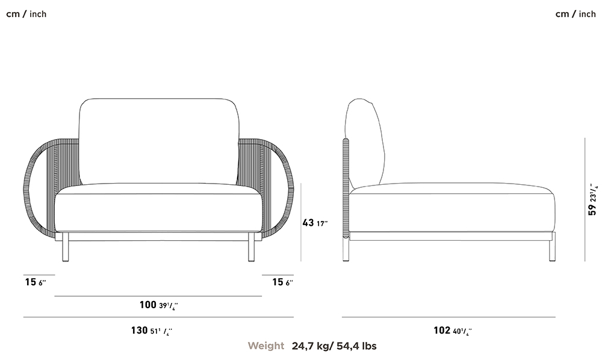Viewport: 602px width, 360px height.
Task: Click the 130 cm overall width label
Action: click(x=152, y=331)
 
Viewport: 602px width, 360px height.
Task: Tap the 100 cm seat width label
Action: click(x=158, y=305)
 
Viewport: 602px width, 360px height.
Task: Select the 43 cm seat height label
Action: click(x=315, y=223)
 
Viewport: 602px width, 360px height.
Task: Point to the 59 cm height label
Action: click(x=593, y=200)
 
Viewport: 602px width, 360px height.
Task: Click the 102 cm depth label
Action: click(x=453, y=331)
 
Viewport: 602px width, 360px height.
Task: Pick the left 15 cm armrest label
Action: click(x=36, y=282)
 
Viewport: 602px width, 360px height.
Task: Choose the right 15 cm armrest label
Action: click(x=282, y=282)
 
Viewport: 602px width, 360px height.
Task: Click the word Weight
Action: click(x=266, y=346)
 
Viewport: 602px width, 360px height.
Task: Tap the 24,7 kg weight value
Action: click(x=310, y=346)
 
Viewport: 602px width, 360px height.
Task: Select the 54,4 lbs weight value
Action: click(x=356, y=346)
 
